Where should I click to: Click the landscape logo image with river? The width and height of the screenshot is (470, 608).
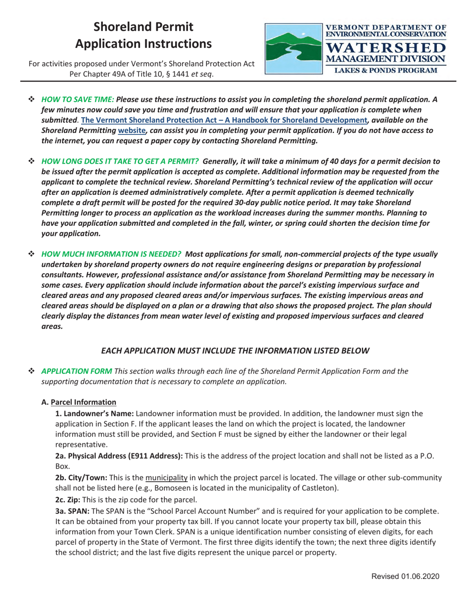(x=293, y=48)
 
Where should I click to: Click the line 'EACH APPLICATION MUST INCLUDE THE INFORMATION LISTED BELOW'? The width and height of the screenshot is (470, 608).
(x=235, y=351)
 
